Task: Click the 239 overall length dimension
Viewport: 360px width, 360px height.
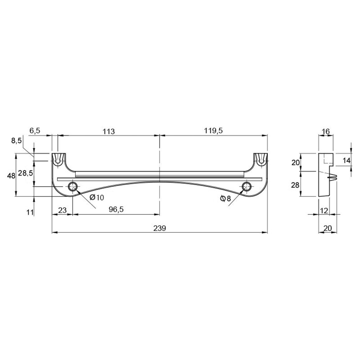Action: click(x=159, y=228)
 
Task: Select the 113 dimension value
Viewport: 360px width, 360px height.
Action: click(x=109, y=131)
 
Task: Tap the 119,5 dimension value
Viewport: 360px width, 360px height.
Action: click(x=213, y=130)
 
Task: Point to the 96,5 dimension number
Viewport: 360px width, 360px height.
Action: click(x=117, y=209)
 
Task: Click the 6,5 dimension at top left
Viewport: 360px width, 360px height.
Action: click(x=35, y=130)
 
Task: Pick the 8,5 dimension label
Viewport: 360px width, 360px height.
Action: click(x=16, y=140)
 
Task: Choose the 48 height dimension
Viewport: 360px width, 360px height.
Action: click(x=11, y=176)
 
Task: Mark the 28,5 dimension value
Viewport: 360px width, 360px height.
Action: click(x=25, y=173)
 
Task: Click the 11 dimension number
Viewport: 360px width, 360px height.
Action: click(x=30, y=212)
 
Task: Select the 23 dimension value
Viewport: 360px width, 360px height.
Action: click(x=62, y=210)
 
